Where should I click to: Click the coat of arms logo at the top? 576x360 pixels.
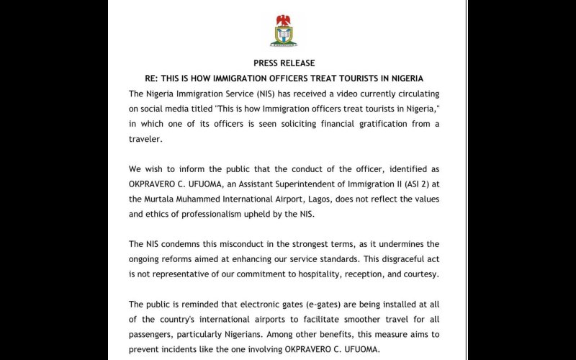click(x=284, y=30)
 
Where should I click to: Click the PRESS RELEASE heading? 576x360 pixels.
click(x=284, y=63)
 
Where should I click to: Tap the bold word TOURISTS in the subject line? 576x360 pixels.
click(x=338, y=78)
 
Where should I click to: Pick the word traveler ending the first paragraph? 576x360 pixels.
click(x=146, y=140)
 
